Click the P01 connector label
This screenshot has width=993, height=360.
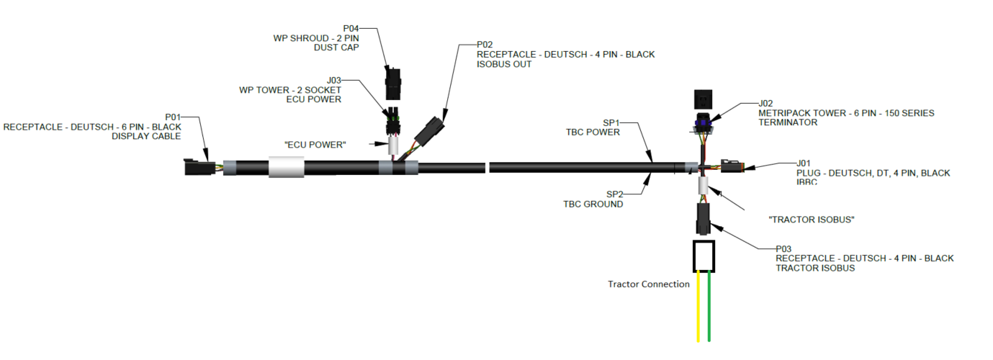tap(174, 116)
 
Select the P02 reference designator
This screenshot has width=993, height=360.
tap(485, 44)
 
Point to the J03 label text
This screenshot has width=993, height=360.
tap(333, 80)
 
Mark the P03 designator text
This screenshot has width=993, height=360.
tap(784, 248)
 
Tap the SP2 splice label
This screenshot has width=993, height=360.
tap(614, 194)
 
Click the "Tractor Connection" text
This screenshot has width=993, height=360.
tap(648, 284)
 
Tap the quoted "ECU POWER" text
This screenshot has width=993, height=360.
tap(315, 145)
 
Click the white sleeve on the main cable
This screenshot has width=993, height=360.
tap(286, 168)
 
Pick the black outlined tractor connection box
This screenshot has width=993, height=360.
tap(704, 256)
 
